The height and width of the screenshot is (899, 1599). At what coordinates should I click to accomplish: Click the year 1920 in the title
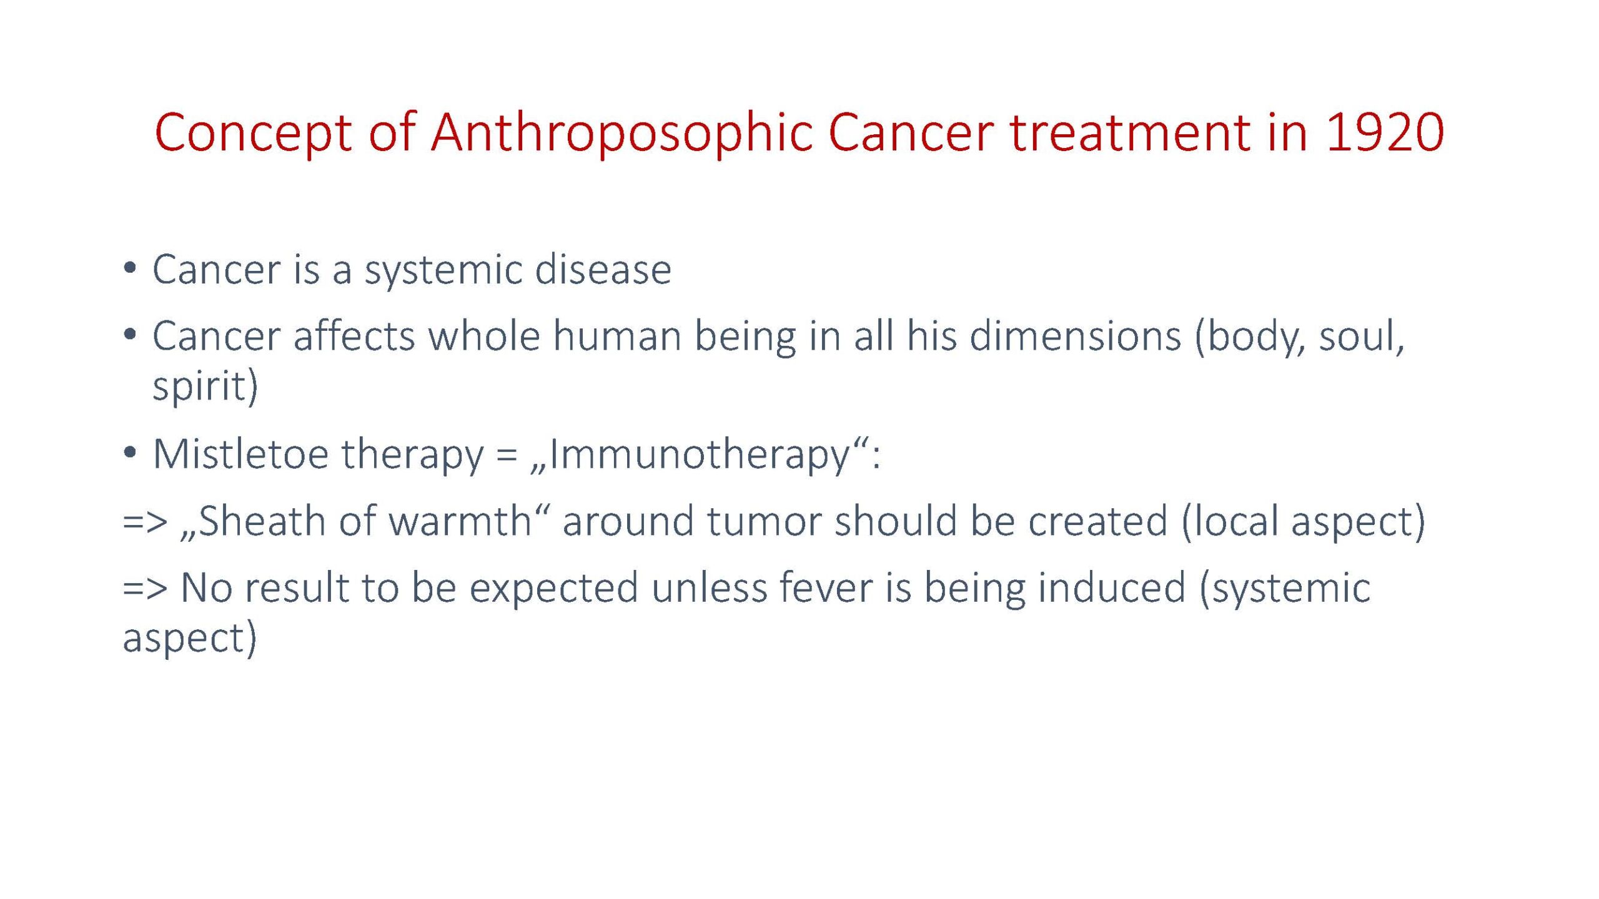1385,132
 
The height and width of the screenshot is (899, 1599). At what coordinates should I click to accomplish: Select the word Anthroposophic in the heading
622,134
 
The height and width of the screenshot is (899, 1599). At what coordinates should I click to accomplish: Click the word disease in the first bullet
603,269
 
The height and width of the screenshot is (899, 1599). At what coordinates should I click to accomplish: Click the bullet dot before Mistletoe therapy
129,452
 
